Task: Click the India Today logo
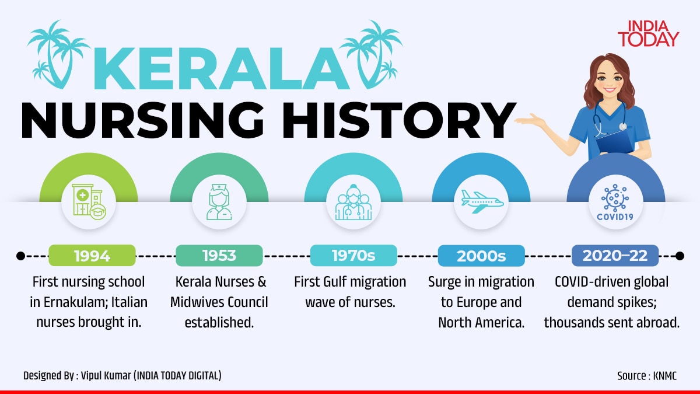pyautogui.click(x=648, y=34)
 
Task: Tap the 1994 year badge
pyautogui.click(x=92, y=256)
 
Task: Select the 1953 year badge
pyautogui.click(x=219, y=256)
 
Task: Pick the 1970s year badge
pyautogui.click(x=353, y=256)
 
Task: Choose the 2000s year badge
pyautogui.click(x=481, y=256)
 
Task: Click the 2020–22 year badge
pyautogui.click(x=615, y=256)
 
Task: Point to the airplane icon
pyautogui.click(x=482, y=201)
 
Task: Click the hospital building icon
pyautogui.click(x=89, y=202)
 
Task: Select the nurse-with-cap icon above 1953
pyautogui.click(x=219, y=202)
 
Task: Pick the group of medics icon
pyautogui.click(x=353, y=202)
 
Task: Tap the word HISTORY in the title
pyautogui.click(x=400, y=120)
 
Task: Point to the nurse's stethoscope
pyautogui.click(x=610, y=118)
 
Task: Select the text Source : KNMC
pyautogui.click(x=647, y=375)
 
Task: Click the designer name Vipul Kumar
pyautogui.click(x=106, y=375)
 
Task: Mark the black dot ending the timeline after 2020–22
pyautogui.click(x=680, y=256)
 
